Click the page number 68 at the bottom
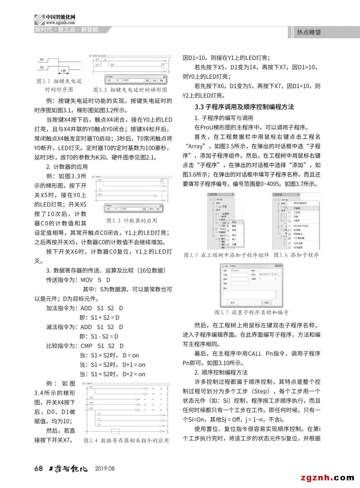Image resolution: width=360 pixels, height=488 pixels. point(38,468)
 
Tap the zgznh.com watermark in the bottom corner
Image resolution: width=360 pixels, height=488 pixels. point(328,477)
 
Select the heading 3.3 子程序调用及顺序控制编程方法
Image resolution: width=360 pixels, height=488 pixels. point(244,107)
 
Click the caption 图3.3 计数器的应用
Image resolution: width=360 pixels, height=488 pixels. point(132,221)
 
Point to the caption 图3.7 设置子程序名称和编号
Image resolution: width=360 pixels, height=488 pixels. point(251,312)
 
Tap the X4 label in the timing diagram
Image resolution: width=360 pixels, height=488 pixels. point(42,59)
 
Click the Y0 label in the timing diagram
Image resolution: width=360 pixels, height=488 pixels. point(42,67)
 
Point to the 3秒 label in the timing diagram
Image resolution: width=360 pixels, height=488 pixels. point(64,71)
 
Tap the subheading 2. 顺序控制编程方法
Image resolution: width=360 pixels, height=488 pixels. point(221,372)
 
